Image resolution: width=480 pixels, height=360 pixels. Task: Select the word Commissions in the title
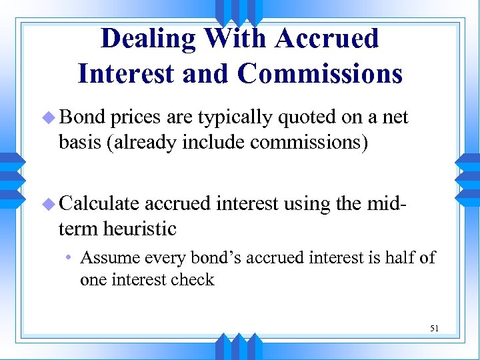tap(319, 73)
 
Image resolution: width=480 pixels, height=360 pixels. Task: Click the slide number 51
tap(434, 328)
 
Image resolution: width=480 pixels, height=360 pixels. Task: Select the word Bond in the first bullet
tap(82, 117)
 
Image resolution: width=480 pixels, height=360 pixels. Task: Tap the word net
tap(395, 118)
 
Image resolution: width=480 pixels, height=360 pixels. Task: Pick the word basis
tap(79, 143)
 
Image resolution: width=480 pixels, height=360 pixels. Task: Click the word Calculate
tap(100, 203)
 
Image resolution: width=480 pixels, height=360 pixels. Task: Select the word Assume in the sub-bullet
tap(108, 257)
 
